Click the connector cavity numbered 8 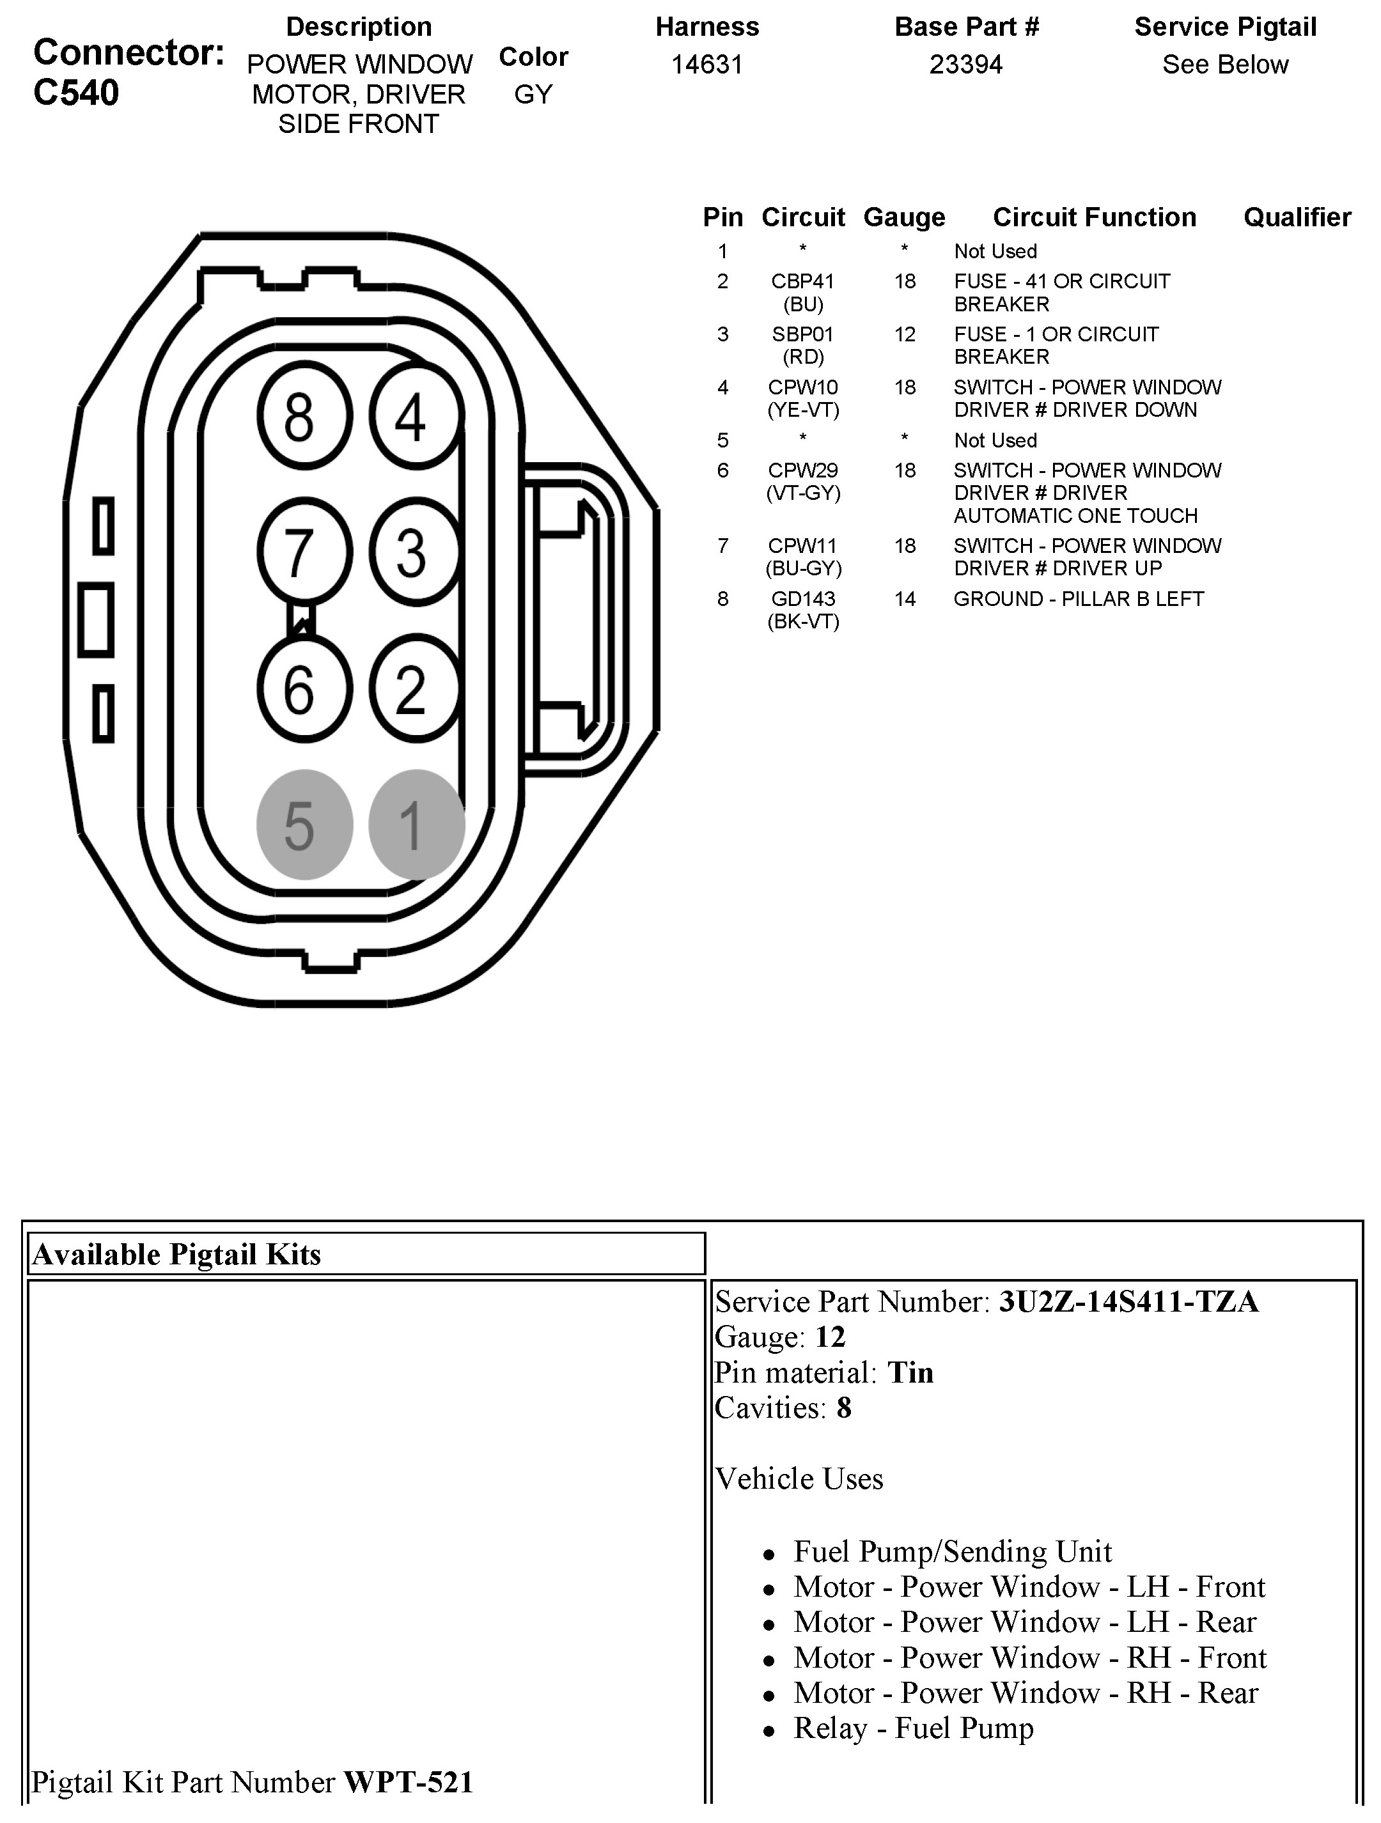304,416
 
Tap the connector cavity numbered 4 415,416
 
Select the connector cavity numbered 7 304,552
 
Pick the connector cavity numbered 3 415,552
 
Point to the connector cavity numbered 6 304,688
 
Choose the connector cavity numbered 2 415,688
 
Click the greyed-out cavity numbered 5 304,824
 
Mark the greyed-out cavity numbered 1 415,824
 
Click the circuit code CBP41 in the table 802,282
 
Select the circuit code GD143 802,599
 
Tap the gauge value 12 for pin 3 905,334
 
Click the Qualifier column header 1296,217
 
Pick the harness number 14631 706,65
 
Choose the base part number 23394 965,65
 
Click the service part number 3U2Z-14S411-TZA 1128,1301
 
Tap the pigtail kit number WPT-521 408,1782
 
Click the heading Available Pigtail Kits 176,1254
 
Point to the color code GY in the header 533,95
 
